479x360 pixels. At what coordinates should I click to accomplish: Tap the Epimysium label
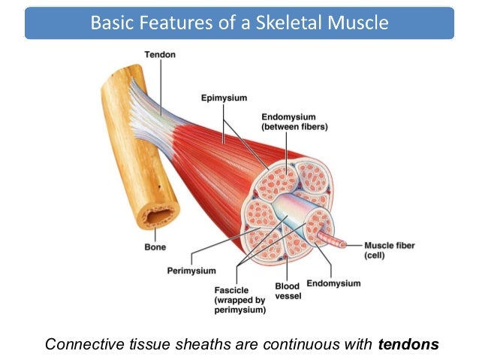coord(224,98)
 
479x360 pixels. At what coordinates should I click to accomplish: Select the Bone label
coord(155,246)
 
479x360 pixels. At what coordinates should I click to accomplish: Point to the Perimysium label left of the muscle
coord(191,270)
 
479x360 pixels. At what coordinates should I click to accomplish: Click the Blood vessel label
coord(288,291)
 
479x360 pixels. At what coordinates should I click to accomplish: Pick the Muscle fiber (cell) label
coord(389,250)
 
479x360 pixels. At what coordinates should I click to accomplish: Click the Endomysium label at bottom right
coord(333,283)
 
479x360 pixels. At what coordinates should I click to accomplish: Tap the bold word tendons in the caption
coord(408,344)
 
